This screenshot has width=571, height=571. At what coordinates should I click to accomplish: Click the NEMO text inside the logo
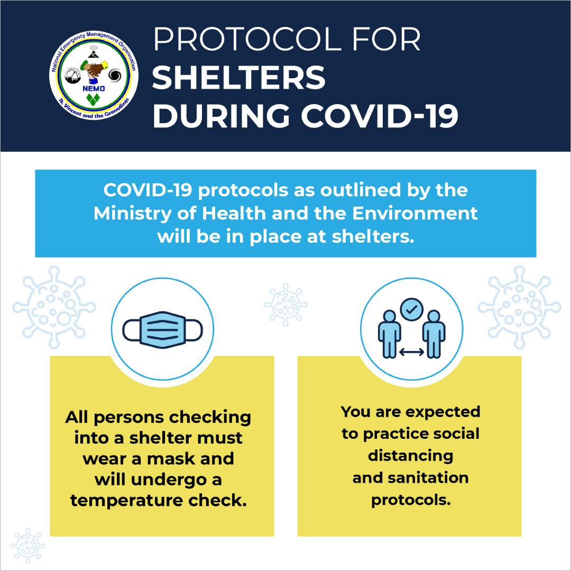pos(94,88)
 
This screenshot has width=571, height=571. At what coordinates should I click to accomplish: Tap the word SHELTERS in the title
pos(238,77)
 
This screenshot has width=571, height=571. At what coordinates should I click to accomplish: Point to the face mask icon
pos(162,329)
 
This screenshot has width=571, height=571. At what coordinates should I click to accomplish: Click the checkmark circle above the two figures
pos(411,309)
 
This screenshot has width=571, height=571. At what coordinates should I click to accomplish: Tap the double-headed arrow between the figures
pos(411,352)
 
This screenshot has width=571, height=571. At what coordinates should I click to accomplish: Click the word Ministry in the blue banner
pos(133,214)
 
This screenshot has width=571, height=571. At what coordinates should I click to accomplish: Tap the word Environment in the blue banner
pos(415,214)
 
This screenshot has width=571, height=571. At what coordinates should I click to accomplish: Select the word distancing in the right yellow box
pos(410,456)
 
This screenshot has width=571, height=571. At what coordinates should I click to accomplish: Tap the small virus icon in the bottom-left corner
pos(27,546)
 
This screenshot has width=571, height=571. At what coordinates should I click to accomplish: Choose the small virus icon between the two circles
pos(285,305)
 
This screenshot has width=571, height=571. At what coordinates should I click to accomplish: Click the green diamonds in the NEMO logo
pos(93,99)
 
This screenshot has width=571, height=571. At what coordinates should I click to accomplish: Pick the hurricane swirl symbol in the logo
pos(115,76)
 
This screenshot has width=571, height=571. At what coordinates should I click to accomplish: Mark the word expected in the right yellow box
pos(443,412)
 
